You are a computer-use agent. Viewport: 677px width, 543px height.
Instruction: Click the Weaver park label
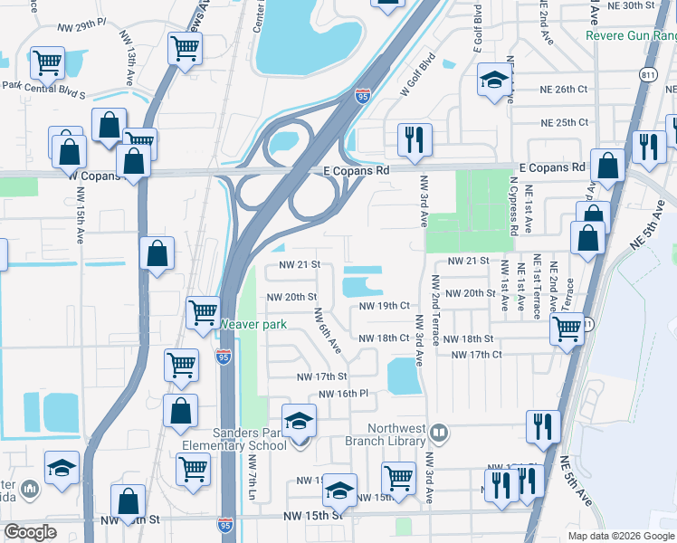(x=243, y=322)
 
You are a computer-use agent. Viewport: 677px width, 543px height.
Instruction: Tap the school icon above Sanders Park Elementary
(x=299, y=422)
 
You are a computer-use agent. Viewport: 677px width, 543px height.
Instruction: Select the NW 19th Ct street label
(x=386, y=306)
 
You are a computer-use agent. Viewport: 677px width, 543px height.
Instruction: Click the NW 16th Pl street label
(x=343, y=395)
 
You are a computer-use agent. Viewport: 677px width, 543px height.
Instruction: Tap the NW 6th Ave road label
(x=327, y=330)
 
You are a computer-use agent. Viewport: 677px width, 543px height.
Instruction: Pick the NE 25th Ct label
(x=564, y=122)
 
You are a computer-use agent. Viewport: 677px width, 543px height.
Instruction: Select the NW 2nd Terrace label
(x=435, y=309)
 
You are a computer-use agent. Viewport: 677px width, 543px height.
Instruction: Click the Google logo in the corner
(x=31, y=532)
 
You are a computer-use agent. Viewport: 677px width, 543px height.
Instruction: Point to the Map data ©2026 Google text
(x=620, y=536)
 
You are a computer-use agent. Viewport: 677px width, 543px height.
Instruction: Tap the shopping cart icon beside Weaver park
(x=204, y=313)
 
